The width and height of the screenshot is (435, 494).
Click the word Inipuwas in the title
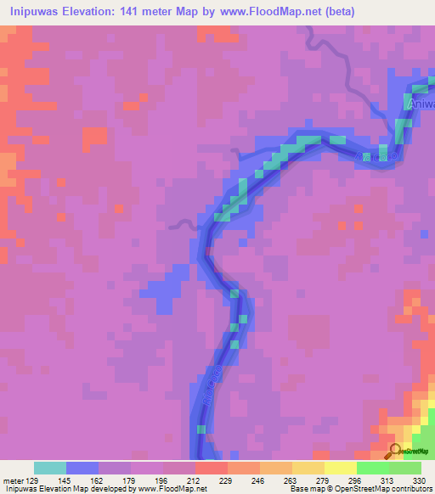click(x=38, y=12)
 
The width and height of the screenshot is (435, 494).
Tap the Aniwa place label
click(x=421, y=104)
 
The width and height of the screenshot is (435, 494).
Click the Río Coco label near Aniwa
click(x=375, y=157)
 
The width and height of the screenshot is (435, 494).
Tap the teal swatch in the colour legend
click(x=49, y=467)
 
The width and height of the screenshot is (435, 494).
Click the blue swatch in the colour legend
click(x=82, y=467)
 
